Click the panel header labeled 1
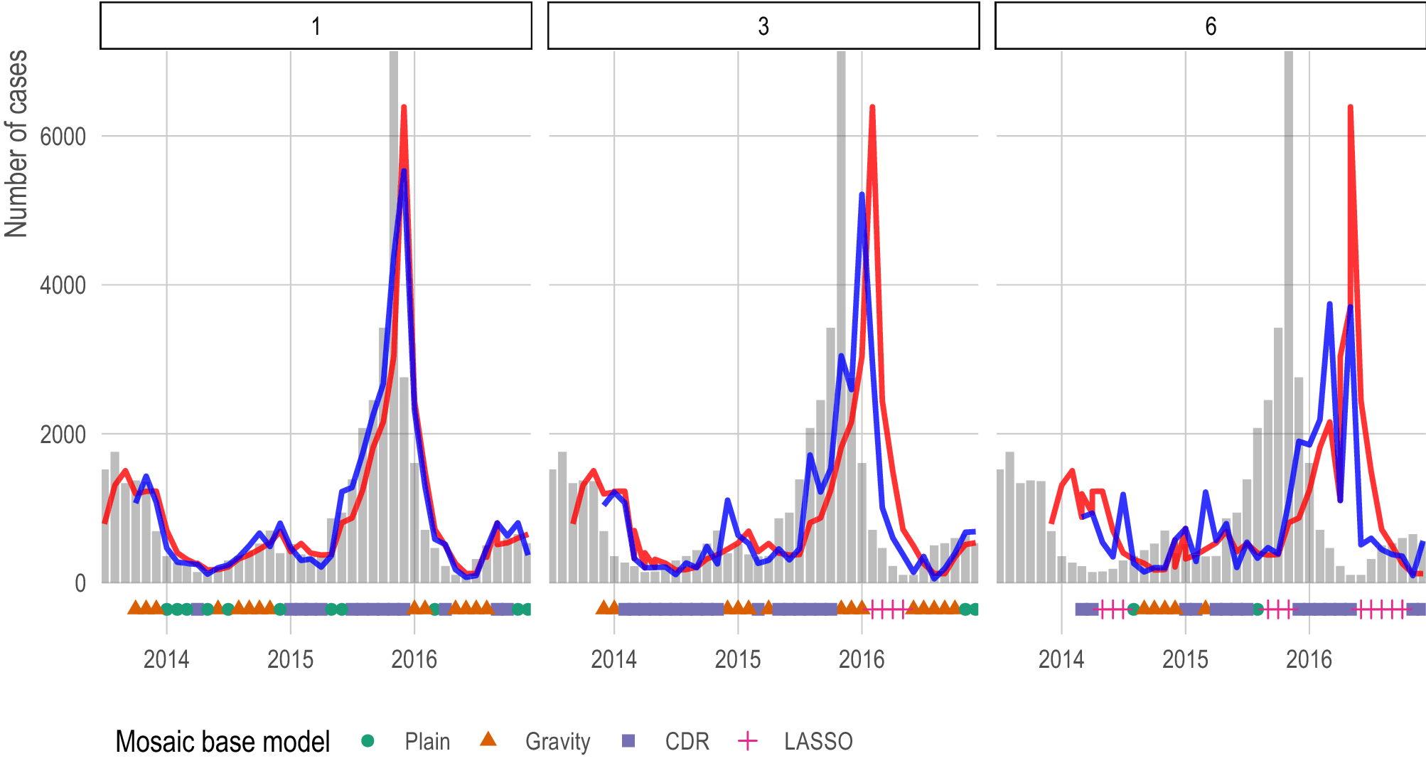[316, 26]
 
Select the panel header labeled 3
[763, 26]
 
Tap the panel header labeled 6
[1210, 26]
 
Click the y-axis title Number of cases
[16, 142]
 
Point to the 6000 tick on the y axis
[63, 137]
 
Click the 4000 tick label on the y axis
[63, 286]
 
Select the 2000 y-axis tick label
[63, 435]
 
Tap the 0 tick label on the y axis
[80, 584]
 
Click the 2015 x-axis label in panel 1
[290, 659]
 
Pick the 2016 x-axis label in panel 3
[862, 659]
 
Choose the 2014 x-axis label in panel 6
[1061, 659]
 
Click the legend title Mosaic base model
[223, 742]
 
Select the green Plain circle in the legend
[368, 741]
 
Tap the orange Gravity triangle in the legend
[488, 740]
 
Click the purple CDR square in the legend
[628, 741]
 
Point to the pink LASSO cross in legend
[748, 741]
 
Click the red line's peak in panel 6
[1350, 107]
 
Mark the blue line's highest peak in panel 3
[862, 194]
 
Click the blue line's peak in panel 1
[404, 171]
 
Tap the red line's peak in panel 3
[872, 107]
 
